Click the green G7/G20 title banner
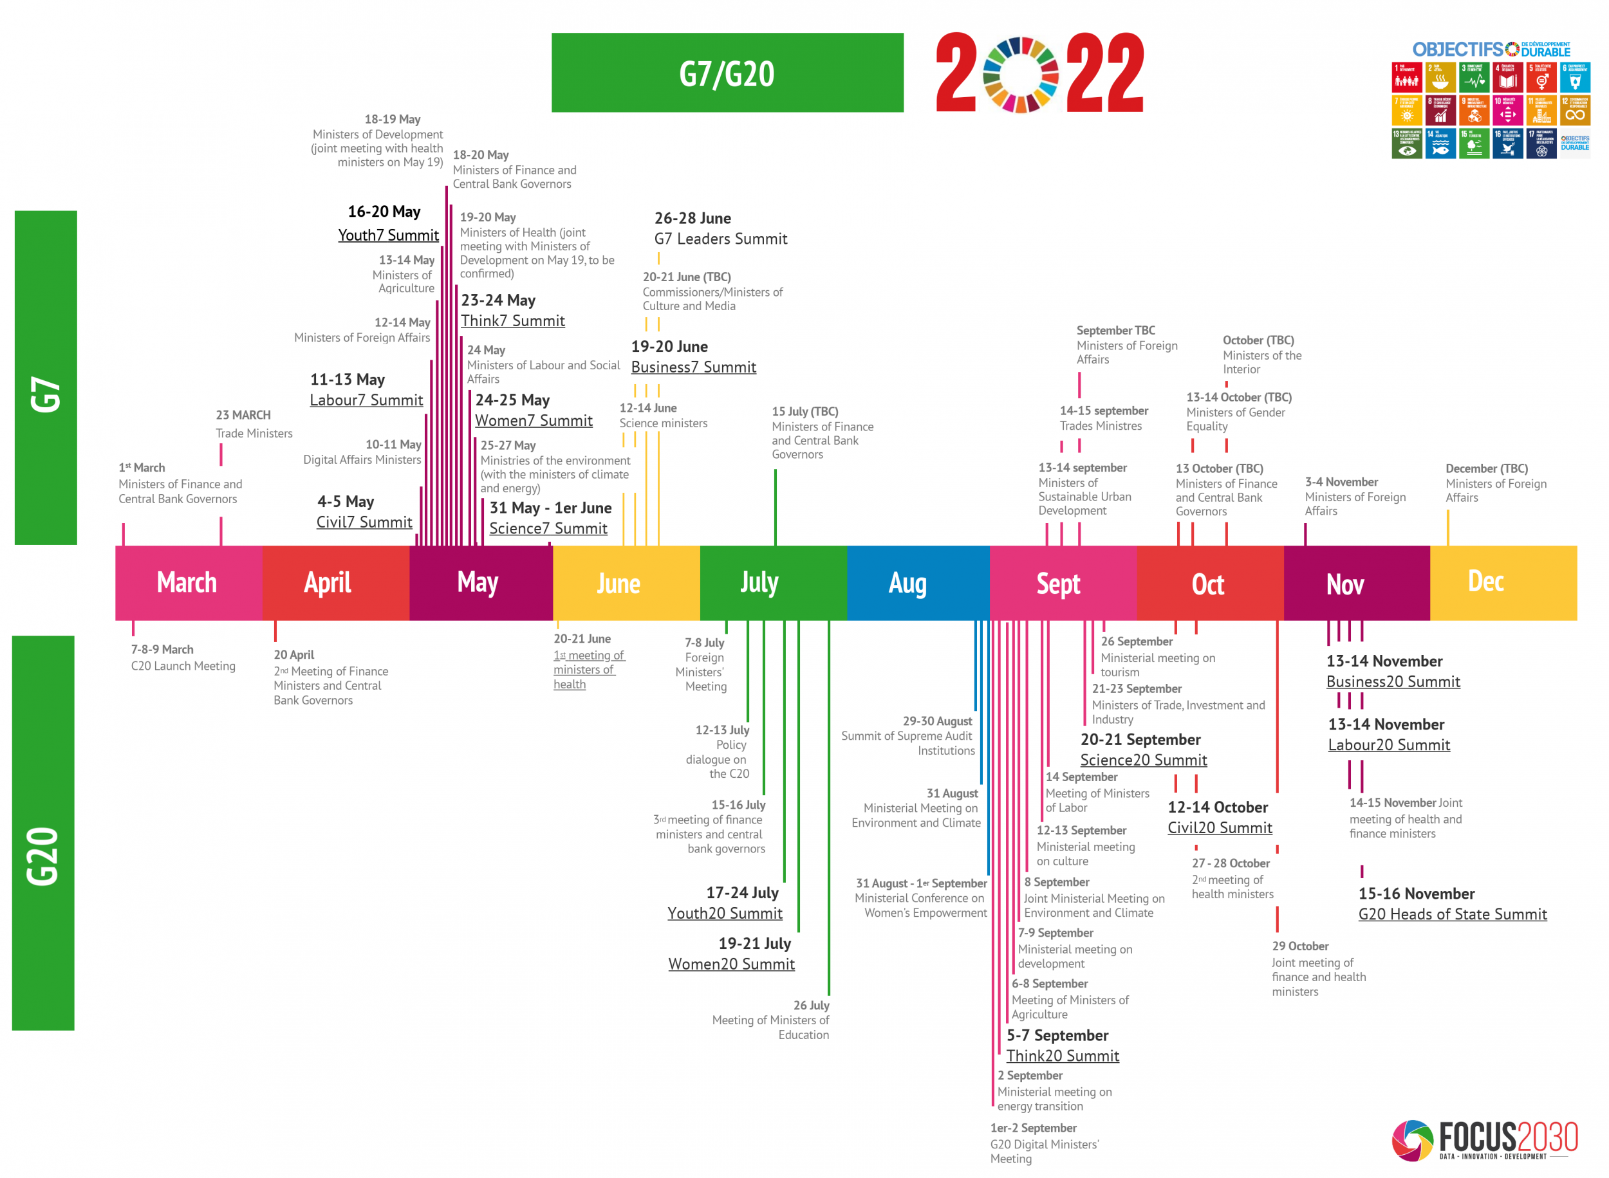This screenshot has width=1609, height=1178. pyautogui.click(x=727, y=73)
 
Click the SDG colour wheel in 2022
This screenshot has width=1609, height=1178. pyautogui.click(x=1021, y=75)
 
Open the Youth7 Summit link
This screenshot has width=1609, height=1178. pyautogui.click(x=388, y=235)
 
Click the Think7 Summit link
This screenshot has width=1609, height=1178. pyautogui.click(x=512, y=321)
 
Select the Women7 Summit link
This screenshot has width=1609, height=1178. pyautogui.click(x=534, y=421)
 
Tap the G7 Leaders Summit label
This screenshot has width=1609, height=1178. pyautogui.click(x=720, y=239)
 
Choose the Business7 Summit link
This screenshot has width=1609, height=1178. pyautogui.click(x=693, y=367)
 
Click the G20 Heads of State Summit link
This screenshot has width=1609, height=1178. pyautogui.click(x=1452, y=914)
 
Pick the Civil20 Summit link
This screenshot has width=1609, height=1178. pyautogui.click(x=1220, y=828)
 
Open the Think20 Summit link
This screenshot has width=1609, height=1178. pyautogui.click(x=1062, y=1056)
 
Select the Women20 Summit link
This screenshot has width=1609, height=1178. pyautogui.click(x=731, y=964)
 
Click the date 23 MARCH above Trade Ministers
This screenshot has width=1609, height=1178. pyautogui.click(x=243, y=415)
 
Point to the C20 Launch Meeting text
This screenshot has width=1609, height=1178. pyautogui.click(x=183, y=666)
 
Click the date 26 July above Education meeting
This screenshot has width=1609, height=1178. pyautogui.click(x=811, y=1006)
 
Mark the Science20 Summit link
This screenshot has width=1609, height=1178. pyautogui.click(x=1143, y=760)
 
